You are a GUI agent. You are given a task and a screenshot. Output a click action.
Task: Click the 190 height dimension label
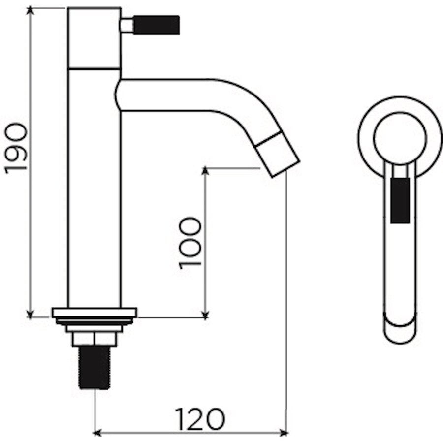click(x=16, y=148)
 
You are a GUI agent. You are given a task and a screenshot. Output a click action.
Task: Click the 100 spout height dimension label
click(x=190, y=243)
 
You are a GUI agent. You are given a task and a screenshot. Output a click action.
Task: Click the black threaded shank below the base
click(x=95, y=367)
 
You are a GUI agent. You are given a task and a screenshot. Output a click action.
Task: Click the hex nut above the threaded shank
click(x=95, y=339)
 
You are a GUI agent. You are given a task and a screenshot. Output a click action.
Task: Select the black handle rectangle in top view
click(x=399, y=200)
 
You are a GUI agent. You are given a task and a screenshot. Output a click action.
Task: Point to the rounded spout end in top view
click(x=399, y=332)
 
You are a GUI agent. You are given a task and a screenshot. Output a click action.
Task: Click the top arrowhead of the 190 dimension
click(x=31, y=11)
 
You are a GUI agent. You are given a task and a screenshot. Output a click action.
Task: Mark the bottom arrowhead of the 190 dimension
click(x=31, y=314)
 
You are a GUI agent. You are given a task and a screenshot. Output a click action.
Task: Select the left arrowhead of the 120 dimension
click(x=97, y=433)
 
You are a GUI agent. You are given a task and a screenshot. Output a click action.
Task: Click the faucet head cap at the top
click(x=95, y=37)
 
